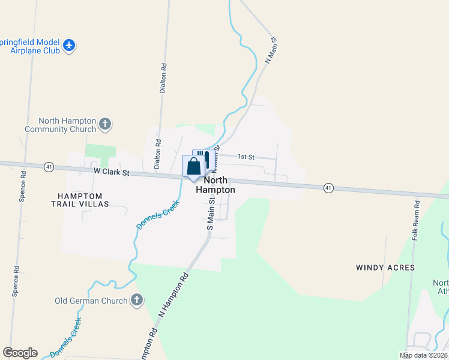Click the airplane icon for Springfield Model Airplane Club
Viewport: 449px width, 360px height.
point(70,45)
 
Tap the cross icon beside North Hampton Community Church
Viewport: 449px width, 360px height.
point(105,124)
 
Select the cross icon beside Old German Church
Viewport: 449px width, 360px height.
point(136,300)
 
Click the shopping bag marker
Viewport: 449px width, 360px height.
point(193,166)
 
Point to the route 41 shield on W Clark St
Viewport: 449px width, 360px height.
point(49,166)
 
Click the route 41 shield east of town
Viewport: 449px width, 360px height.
point(328,188)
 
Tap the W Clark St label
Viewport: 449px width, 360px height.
point(112,172)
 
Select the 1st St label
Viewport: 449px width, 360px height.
point(246,157)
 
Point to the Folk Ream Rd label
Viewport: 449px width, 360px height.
point(415,220)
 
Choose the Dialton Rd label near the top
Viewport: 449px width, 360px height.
point(163,79)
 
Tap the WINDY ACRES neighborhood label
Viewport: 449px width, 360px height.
point(385,267)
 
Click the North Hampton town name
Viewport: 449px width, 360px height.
point(215,185)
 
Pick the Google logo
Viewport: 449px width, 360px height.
point(20,353)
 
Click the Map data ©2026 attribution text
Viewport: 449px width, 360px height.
point(423,355)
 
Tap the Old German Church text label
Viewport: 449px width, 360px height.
point(91,301)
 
